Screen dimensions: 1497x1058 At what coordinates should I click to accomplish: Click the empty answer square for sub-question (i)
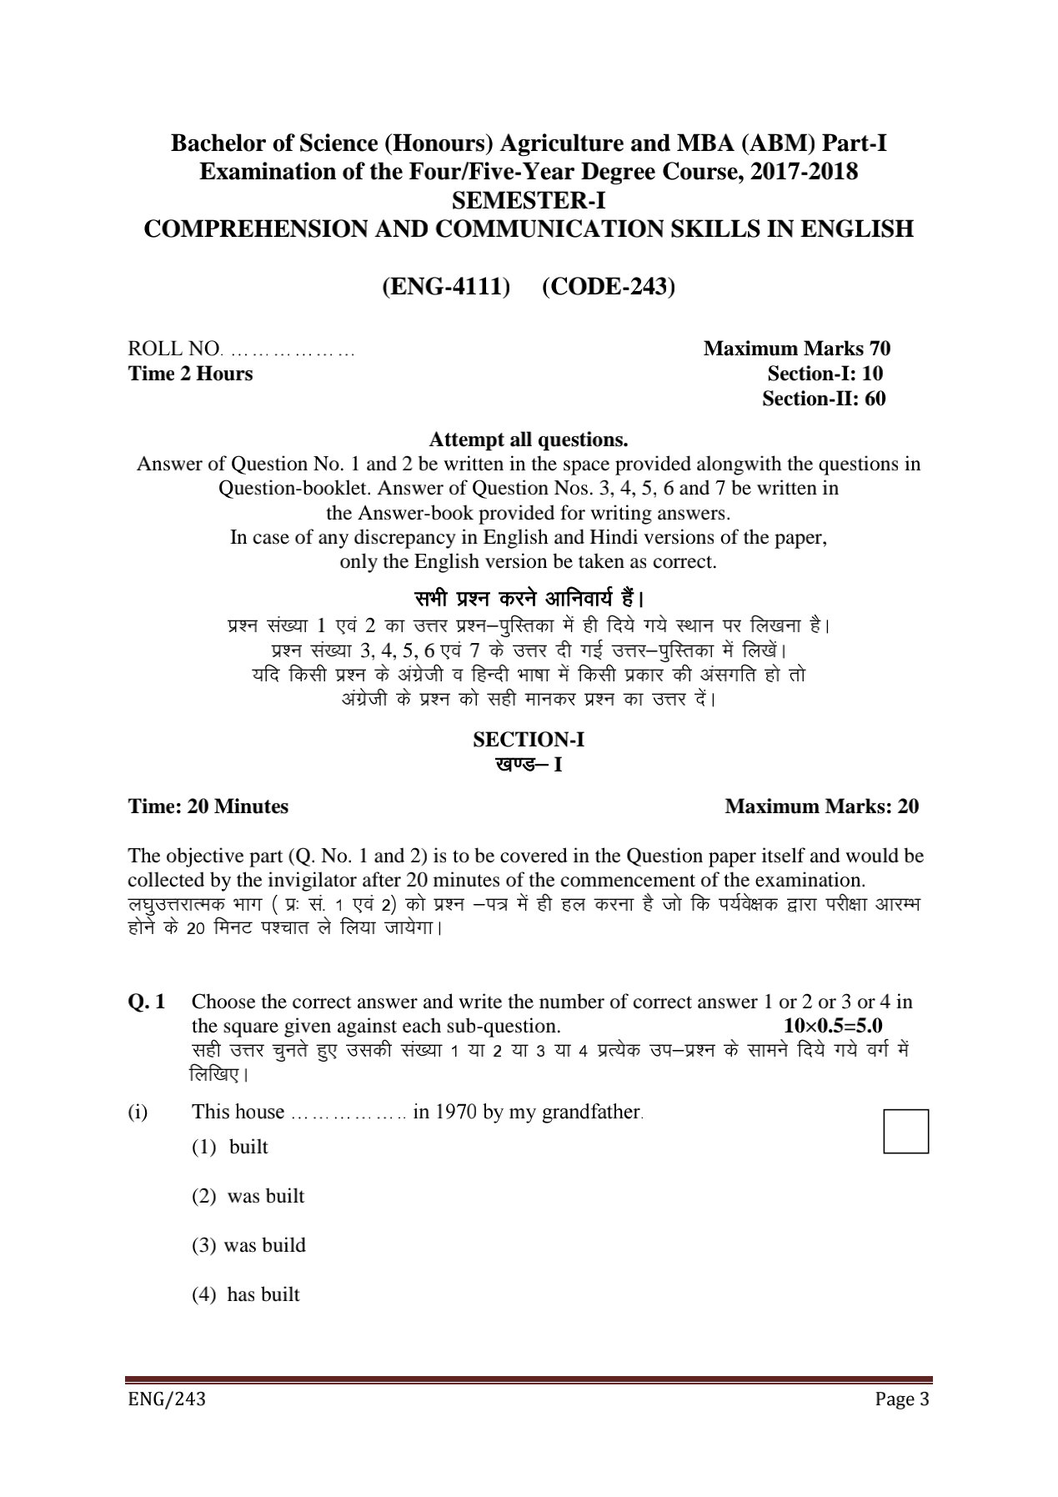click(x=905, y=1131)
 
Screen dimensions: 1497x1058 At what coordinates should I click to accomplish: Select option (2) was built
click(x=248, y=1196)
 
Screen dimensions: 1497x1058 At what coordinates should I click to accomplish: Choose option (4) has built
click(x=245, y=1294)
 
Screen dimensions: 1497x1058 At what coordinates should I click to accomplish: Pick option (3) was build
click(x=248, y=1245)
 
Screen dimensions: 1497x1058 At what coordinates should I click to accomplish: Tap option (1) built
click(x=230, y=1147)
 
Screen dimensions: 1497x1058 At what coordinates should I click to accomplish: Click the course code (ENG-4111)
click(x=445, y=286)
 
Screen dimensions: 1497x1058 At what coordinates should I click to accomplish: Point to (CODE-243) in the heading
click(x=609, y=286)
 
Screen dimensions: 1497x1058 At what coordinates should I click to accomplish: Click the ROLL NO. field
click(x=242, y=349)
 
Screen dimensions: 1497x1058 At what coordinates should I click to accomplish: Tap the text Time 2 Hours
click(x=190, y=374)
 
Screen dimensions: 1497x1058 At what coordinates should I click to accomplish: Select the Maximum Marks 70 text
click(x=796, y=349)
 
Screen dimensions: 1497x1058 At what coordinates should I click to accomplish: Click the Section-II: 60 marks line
click(x=823, y=399)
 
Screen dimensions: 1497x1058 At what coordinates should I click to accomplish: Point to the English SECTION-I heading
click(x=529, y=739)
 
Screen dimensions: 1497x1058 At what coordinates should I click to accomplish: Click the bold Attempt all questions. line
click(x=528, y=439)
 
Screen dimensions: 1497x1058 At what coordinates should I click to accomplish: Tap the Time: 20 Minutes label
click(x=208, y=806)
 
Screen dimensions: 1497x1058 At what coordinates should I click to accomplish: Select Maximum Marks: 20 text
click(x=821, y=806)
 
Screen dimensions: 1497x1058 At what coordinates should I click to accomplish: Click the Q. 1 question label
click(x=146, y=1002)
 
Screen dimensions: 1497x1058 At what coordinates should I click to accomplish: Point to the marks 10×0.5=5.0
click(x=833, y=1026)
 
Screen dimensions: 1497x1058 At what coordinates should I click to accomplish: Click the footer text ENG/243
click(x=166, y=1399)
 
